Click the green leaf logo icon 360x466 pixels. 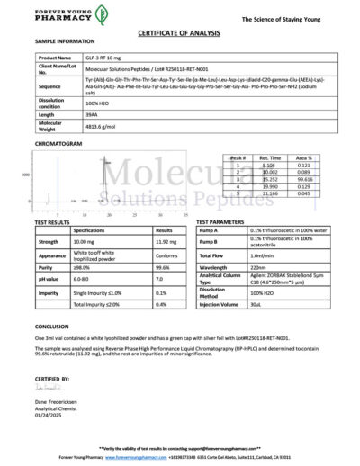(x=103, y=13)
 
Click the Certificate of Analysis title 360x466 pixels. (x=180, y=31)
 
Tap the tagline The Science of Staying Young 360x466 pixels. (x=304, y=17)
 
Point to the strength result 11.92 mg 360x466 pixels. (x=166, y=242)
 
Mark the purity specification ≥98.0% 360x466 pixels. (x=82, y=267)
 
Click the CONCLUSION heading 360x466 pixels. (x=52, y=327)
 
